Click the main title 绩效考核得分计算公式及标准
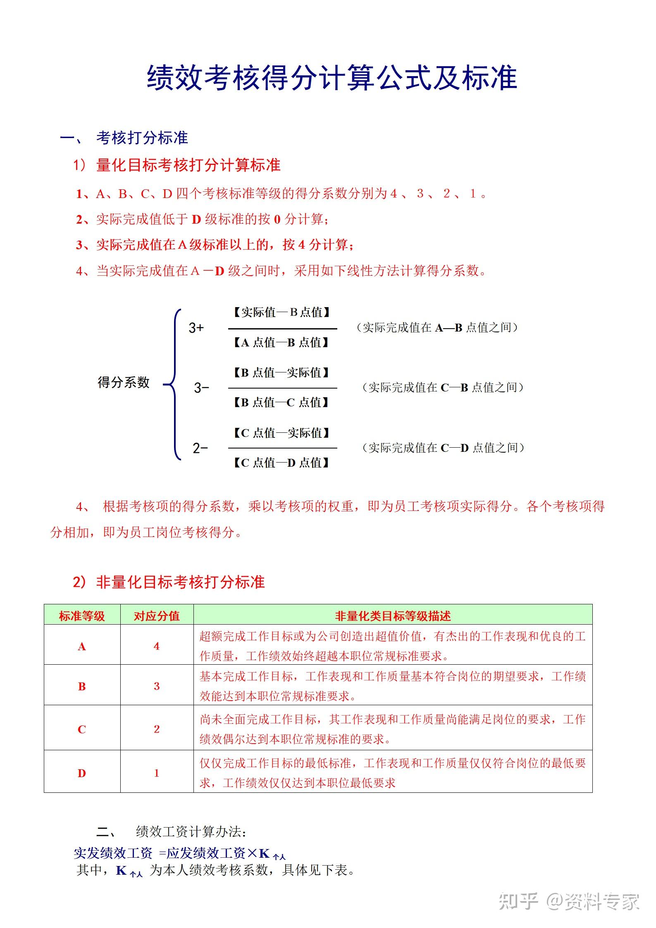[332, 78]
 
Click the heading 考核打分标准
[142, 138]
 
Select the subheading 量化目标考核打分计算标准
[188, 165]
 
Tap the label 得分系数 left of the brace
[123, 382]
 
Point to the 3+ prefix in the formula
[196, 328]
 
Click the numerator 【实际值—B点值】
[282, 313]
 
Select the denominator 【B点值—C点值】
[282, 402]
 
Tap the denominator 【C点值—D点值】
[282, 463]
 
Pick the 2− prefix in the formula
[200, 448]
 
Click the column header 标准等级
[82, 616]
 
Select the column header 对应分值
[157, 616]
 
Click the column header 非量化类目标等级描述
[393, 616]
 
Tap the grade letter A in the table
[82, 646]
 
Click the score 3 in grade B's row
[157, 687]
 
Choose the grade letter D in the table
[82, 773]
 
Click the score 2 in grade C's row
[157, 729]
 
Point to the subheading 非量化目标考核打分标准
[180, 582]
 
